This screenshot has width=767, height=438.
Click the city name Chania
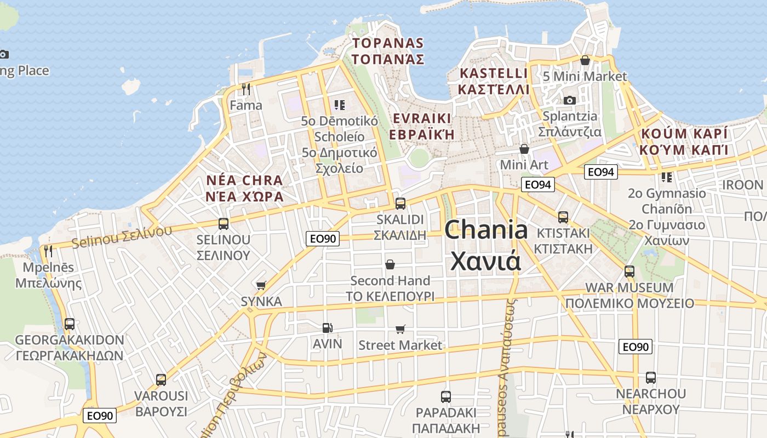point(485,230)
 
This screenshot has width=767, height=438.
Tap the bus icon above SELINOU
point(224,223)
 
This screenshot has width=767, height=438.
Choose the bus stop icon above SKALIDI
point(400,204)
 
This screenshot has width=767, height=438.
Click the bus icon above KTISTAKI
point(563,217)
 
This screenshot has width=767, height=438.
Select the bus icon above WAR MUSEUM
point(629,271)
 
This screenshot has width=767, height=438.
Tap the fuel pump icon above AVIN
point(327,328)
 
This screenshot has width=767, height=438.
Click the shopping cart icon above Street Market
point(400,329)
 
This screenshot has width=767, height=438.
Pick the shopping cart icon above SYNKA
point(261,285)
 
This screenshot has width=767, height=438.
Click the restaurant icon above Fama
point(246,89)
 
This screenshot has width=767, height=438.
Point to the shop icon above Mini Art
point(524,149)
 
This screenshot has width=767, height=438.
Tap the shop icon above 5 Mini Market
point(585,60)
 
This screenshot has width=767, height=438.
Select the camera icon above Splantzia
point(570,100)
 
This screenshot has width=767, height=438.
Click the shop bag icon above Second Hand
point(390,265)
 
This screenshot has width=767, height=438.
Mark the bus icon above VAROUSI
point(161,379)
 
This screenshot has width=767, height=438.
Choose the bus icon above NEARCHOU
point(650,377)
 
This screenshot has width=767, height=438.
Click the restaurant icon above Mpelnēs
point(48,251)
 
